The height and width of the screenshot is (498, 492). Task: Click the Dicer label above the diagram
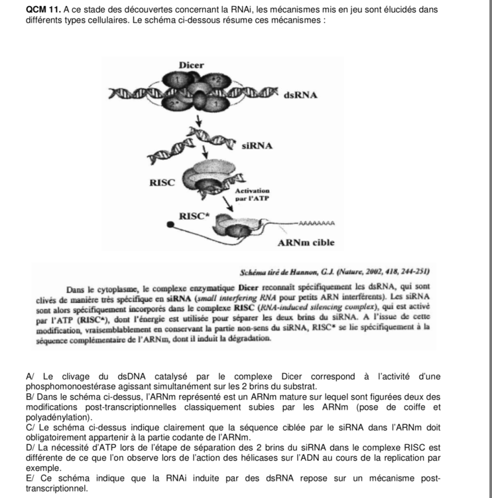(x=192, y=64)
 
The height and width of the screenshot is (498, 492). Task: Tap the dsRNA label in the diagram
(x=300, y=94)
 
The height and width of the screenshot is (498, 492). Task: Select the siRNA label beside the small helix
(x=257, y=144)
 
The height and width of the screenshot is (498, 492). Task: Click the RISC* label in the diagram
(x=194, y=215)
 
